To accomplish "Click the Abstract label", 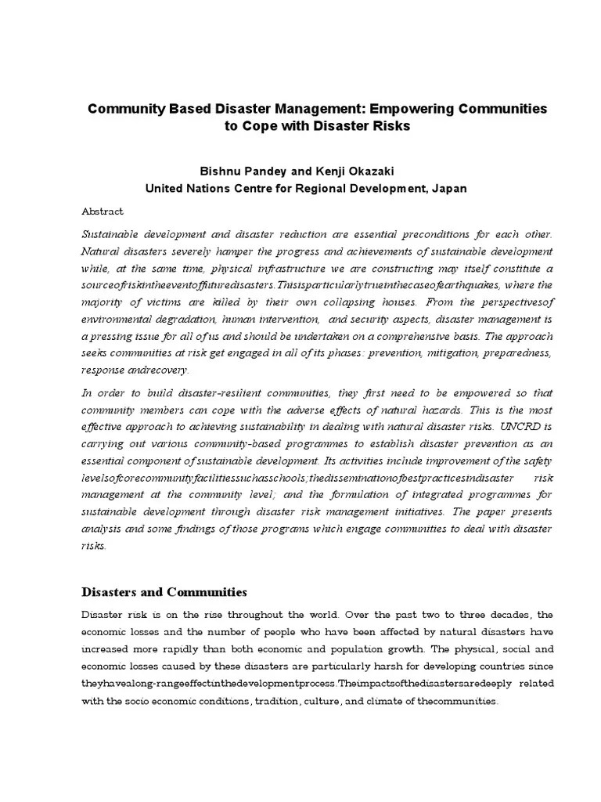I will [103, 211].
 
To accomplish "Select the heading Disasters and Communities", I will [164, 592].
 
